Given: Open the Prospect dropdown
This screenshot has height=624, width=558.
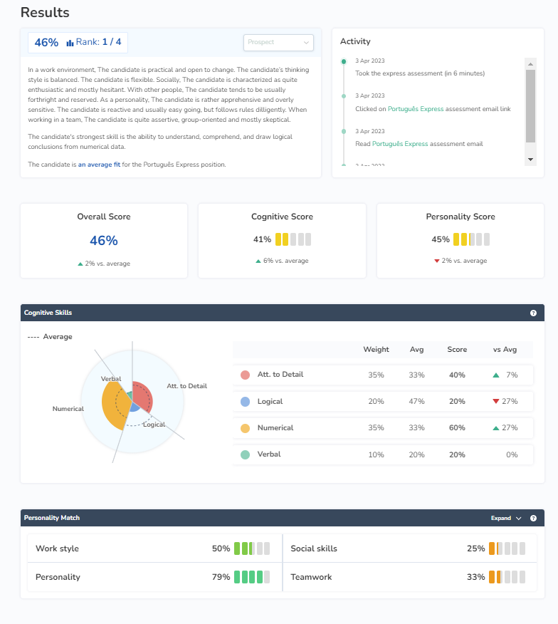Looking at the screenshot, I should pyautogui.click(x=278, y=43).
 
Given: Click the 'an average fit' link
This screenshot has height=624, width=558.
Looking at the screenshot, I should pyautogui.click(x=99, y=165).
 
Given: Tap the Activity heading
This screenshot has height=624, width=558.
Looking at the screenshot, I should pyautogui.click(x=355, y=41).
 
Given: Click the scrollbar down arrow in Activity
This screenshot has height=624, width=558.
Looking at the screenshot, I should pyautogui.click(x=530, y=158).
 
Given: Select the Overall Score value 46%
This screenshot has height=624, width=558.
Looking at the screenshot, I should pyautogui.click(x=104, y=241).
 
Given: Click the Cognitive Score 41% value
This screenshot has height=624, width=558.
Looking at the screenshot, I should pyautogui.click(x=262, y=239).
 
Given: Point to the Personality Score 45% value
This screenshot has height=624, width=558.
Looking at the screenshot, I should pyautogui.click(x=441, y=239).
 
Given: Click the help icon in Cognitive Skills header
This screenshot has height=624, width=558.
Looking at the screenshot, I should pyautogui.click(x=533, y=313).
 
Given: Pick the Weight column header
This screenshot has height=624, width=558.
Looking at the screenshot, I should pyautogui.click(x=376, y=349).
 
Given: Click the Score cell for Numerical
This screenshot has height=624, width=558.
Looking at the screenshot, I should pyautogui.click(x=457, y=428).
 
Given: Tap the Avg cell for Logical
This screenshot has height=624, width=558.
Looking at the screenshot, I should pyautogui.click(x=416, y=402).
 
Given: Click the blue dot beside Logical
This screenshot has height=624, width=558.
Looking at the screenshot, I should pyautogui.click(x=246, y=402).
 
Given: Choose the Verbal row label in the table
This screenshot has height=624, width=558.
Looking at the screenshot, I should pyautogui.click(x=269, y=454).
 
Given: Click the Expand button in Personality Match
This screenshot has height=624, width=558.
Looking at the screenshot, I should pyautogui.click(x=506, y=518).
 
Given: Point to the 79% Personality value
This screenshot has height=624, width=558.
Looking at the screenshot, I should pyautogui.click(x=221, y=577).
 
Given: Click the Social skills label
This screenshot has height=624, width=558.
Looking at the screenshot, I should pyautogui.click(x=314, y=548).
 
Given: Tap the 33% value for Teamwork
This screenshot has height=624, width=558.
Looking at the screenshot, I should pyautogui.click(x=475, y=577).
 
